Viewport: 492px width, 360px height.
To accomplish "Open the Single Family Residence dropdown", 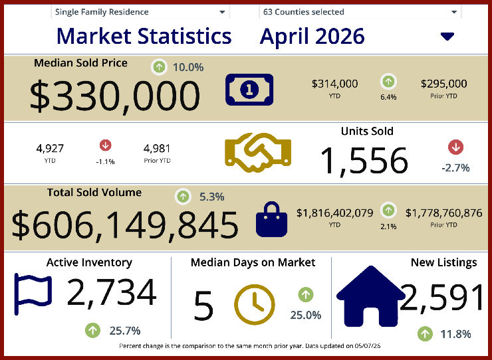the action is coord(140,12).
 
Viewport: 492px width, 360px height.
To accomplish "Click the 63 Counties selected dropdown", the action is coord(360,12).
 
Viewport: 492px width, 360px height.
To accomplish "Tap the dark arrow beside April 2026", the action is coord(447,37).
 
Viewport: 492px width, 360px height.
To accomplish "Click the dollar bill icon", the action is coord(249,90).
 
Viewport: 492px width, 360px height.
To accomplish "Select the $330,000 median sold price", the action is coord(115,96).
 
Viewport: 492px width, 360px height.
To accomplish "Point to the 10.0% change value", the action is coord(188,67).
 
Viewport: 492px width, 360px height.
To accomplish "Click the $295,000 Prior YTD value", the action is coord(443,84).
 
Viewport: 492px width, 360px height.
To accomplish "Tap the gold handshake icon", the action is coord(258,153).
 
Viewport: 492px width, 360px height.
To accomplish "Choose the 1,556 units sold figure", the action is coord(364,161).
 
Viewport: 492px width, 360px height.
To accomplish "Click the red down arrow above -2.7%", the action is coord(455,147).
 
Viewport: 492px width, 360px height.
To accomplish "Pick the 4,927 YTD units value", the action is coord(50,148).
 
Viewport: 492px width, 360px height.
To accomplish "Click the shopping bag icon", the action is coord(271,219).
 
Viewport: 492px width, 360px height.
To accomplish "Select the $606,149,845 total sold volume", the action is coord(125,225).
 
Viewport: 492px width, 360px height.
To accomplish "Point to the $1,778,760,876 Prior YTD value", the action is coord(443,213).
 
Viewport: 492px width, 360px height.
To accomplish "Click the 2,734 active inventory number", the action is coord(112,292).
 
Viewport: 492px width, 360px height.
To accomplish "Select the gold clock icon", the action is coord(255,304).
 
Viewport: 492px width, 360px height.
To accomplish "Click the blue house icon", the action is coord(371,296).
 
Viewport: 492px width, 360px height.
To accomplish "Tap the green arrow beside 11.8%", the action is coord(425,333).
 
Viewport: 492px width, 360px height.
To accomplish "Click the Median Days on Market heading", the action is coord(253,262).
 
